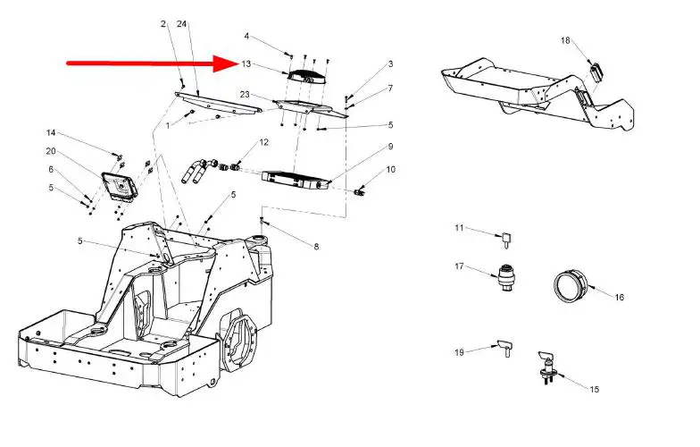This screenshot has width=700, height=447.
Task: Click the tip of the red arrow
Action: (234, 63)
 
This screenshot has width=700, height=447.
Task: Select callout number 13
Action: (246, 63)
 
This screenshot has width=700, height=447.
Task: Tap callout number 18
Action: (565, 40)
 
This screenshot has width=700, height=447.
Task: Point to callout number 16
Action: (620, 297)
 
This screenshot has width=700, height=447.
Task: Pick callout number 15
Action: (595, 389)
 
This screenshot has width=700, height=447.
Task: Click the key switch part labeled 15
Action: (546, 361)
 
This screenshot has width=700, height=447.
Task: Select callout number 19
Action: (460, 352)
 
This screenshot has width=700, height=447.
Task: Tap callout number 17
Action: (460, 266)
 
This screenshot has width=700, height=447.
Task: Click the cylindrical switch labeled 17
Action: (507, 277)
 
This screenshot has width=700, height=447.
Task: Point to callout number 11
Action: (460, 229)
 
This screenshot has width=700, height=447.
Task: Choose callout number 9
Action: (390, 146)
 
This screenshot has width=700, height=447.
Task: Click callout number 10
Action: (390, 169)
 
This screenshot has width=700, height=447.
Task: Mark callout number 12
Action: (264, 142)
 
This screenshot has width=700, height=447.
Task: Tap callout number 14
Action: (51, 133)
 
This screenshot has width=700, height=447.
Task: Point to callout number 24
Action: (182, 23)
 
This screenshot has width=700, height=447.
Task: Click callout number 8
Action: (315, 247)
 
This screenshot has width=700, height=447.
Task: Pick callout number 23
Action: (245, 94)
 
